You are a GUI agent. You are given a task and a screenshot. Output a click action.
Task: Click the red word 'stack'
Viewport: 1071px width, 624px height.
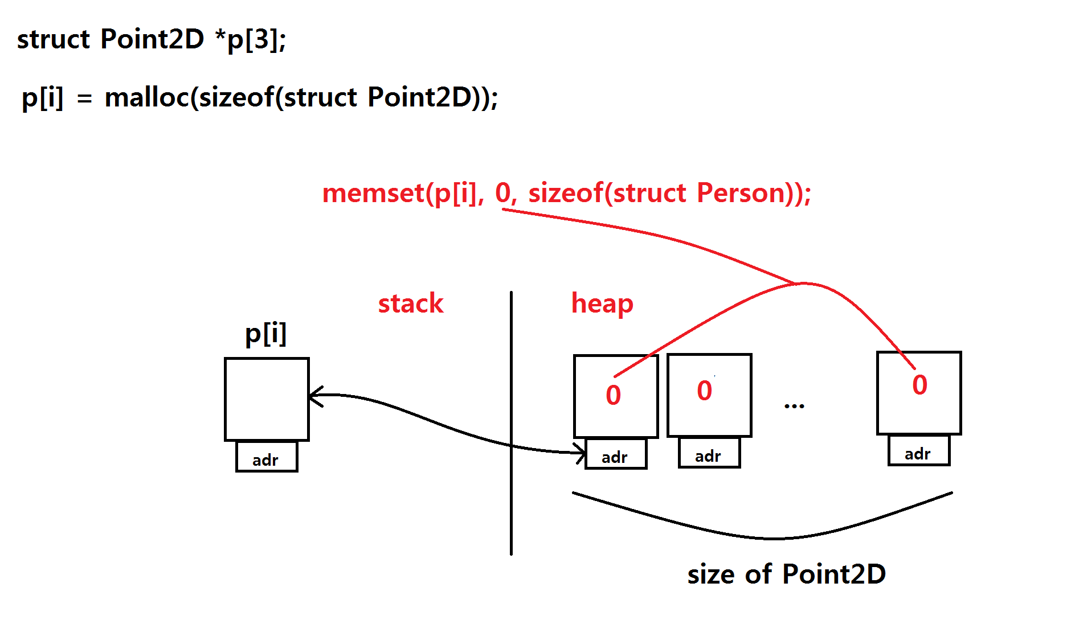coord(410,303)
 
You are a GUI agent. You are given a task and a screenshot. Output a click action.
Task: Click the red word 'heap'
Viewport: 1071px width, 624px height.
coord(602,303)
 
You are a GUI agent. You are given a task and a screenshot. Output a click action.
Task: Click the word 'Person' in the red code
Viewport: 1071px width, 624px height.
coord(741,193)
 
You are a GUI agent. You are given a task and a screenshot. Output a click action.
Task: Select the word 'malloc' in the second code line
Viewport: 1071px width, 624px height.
coord(147,97)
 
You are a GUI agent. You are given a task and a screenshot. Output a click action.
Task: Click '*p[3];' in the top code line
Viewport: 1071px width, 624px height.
coord(251,39)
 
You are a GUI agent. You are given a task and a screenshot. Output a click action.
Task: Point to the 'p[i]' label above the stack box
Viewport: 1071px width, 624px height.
coord(265,333)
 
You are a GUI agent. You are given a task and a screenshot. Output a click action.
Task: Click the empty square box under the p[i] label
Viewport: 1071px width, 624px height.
coord(267,399)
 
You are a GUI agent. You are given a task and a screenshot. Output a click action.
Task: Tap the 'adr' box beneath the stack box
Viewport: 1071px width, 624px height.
coord(267,458)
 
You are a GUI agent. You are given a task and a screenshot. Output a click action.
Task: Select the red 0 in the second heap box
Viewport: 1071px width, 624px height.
coord(705,391)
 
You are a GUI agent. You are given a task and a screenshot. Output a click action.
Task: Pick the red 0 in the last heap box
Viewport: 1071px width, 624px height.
coord(919,385)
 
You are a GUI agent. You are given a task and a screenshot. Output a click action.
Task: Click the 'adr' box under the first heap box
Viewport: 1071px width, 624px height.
coord(616,455)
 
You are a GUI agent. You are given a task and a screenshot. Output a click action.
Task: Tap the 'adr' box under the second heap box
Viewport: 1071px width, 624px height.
coord(709,454)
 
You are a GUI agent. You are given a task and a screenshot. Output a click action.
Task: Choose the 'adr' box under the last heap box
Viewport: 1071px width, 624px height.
coord(918,452)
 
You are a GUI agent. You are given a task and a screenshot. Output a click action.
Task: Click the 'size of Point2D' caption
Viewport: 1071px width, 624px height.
coord(786,574)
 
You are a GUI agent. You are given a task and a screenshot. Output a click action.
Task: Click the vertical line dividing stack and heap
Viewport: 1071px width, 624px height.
coord(511,421)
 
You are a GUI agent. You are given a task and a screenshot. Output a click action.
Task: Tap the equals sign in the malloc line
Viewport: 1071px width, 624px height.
coord(84,99)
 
